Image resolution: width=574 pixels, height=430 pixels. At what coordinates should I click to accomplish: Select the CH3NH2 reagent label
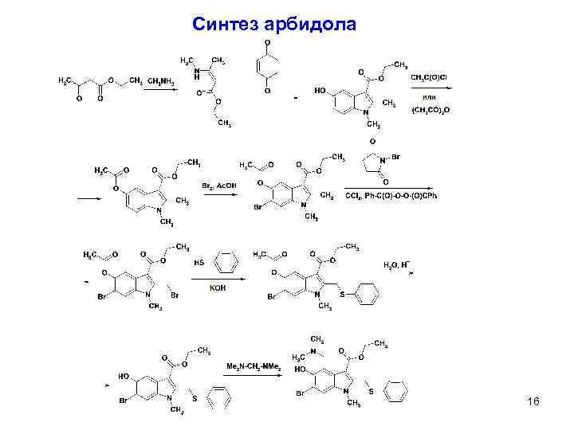pyautogui.click(x=160, y=80)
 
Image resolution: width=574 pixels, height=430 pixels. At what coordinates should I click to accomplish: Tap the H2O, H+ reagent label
pyautogui.click(x=396, y=264)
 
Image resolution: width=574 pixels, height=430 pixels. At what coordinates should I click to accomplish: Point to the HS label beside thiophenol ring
pyautogui.click(x=199, y=262)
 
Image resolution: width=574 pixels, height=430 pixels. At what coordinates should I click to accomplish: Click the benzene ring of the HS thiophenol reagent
pyautogui.click(x=226, y=260)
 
